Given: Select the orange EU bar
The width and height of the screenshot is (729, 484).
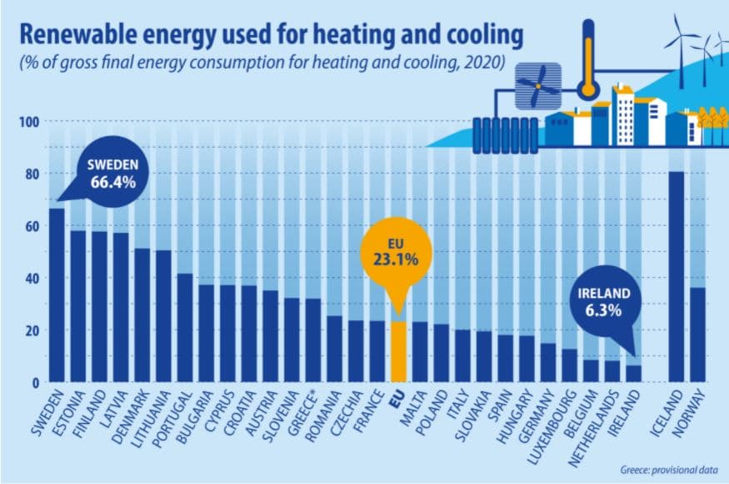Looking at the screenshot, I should [x=399, y=351].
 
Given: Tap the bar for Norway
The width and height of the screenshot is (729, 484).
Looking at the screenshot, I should [x=698, y=335].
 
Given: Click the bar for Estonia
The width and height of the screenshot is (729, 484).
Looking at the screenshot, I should [x=78, y=306].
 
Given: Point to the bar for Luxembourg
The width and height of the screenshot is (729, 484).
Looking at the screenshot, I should [x=570, y=366].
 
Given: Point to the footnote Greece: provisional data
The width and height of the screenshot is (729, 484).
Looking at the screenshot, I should [x=669, y=469].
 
